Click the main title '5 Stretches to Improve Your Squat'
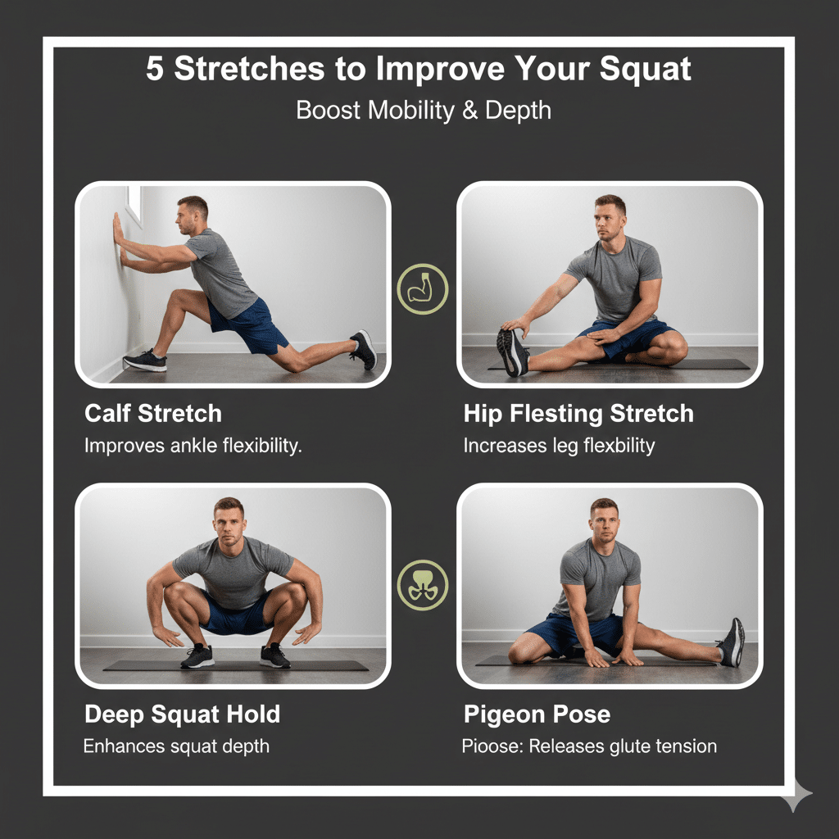click(419, 70)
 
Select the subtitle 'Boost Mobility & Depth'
click(423, 111)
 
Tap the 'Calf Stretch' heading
click(153, 414)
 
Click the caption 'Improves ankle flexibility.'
click(193, 447)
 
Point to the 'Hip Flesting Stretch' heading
click(578, 414)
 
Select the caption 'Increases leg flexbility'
click(559, 447)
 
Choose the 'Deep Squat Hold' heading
click(182, 714)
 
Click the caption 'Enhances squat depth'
click(176, 746)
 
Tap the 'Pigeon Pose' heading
click(537, 714)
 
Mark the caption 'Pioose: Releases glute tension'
click(589, 746)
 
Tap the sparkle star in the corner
click(796, 795)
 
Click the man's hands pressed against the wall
click(120, 243)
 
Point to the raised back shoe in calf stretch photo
click(364, 348)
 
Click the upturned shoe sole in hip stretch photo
click(509, 353)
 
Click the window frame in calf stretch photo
click(133, 206)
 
